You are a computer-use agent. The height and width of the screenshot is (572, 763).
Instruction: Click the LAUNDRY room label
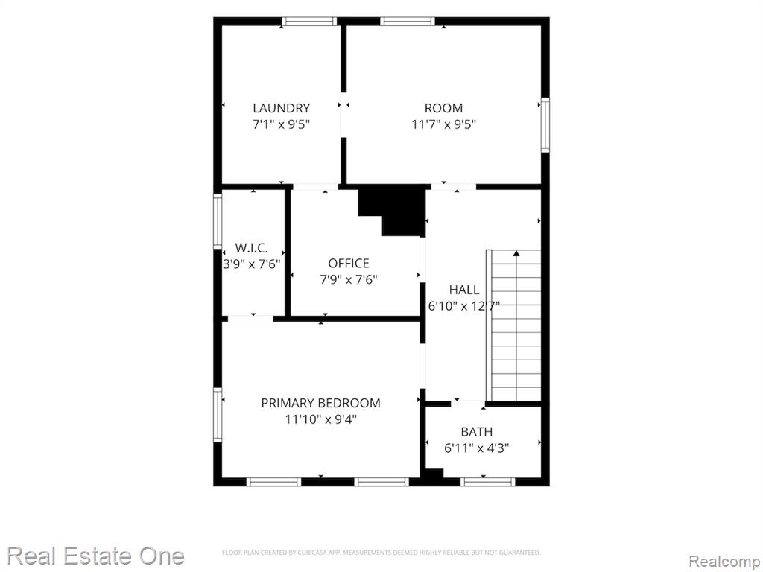point(281,108)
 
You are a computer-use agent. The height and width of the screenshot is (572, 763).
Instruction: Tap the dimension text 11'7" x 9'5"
point(444,124)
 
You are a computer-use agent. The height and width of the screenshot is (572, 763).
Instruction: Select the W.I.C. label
point(252,247)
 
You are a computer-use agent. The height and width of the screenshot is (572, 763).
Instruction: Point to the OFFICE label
point(349,264)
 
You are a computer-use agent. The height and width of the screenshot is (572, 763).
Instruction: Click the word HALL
point(463,290)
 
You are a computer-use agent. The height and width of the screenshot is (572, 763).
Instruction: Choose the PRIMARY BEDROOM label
point(320,403)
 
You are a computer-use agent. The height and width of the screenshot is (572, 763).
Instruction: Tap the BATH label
point(476,432)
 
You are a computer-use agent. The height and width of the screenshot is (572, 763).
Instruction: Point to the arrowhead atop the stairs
point(516,253)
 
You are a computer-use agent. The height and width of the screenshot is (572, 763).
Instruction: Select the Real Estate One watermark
point(95,556)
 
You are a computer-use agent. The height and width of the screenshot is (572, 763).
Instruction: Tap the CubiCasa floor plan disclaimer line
point(381,553)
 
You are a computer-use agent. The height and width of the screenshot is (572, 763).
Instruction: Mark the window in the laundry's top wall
point(309,22)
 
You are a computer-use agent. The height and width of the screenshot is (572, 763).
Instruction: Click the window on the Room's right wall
point(545,125)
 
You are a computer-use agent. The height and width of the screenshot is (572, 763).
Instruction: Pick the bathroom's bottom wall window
point(487,482)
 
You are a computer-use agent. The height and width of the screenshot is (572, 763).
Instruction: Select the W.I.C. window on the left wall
point(218,221)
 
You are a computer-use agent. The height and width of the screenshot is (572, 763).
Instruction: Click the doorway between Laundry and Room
point(343,115)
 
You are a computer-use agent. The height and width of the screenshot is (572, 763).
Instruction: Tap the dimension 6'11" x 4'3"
point(476,448)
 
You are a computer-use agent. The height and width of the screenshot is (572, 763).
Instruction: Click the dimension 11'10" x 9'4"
point(320,419)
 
